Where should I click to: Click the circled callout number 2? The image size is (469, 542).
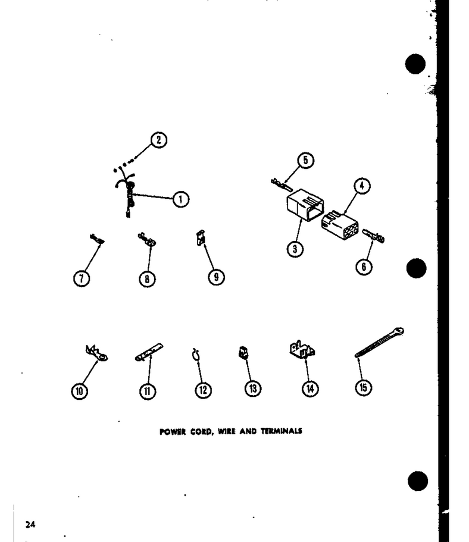[158, 140]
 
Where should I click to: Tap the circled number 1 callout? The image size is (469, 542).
[180, 199]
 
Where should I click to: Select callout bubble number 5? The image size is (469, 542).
[305, 161]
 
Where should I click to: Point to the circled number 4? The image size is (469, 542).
[362, 186]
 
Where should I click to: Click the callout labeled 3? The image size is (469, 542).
[295, 249]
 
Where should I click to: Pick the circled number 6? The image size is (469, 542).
[364, 267]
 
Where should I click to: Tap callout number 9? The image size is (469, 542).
[216, 277]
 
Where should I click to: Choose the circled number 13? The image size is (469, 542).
[253, 389]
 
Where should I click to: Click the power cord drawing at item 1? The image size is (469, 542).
[128, 195]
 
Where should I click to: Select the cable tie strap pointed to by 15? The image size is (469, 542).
[379, 342]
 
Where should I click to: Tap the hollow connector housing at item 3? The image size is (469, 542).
[305, 205]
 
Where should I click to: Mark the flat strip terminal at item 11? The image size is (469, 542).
[149, 353]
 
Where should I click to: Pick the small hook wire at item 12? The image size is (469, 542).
[196, 355]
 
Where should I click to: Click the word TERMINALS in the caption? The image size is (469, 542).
[281, 431]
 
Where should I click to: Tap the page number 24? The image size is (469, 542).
[30, 525]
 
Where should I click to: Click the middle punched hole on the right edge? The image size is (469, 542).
[416, 268]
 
